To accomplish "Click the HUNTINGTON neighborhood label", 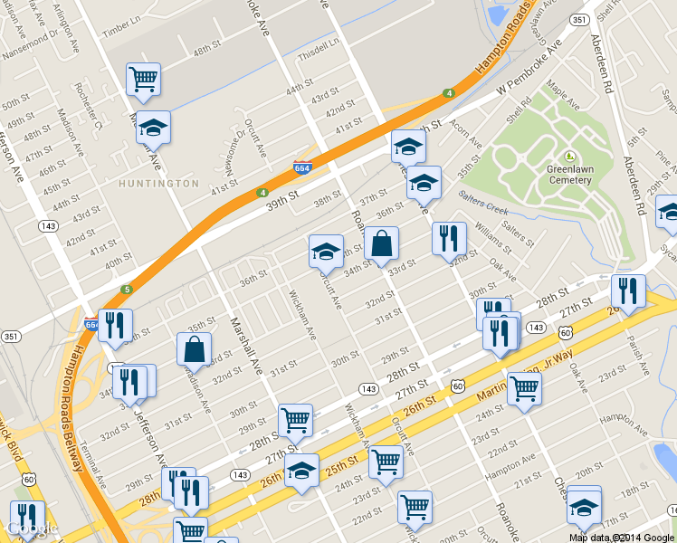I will pos(159,183).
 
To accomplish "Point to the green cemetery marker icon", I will pos(569,157).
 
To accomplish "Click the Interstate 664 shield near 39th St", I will pos(303,168).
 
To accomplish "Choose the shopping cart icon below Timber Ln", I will pos(143,80).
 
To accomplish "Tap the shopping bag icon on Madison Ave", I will pos(194,348).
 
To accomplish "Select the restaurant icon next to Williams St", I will pos(449,239).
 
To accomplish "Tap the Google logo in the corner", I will pos(32,529).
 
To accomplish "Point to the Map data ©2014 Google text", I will pos(622,538).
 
